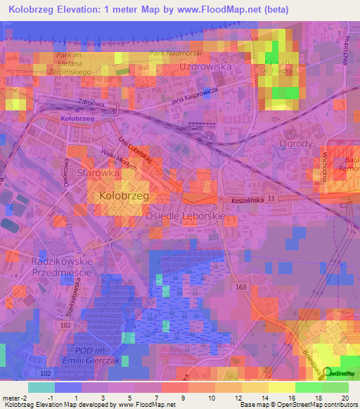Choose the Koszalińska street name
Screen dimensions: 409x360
click(251, 201)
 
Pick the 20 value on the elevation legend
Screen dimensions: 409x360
click(345, 398)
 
